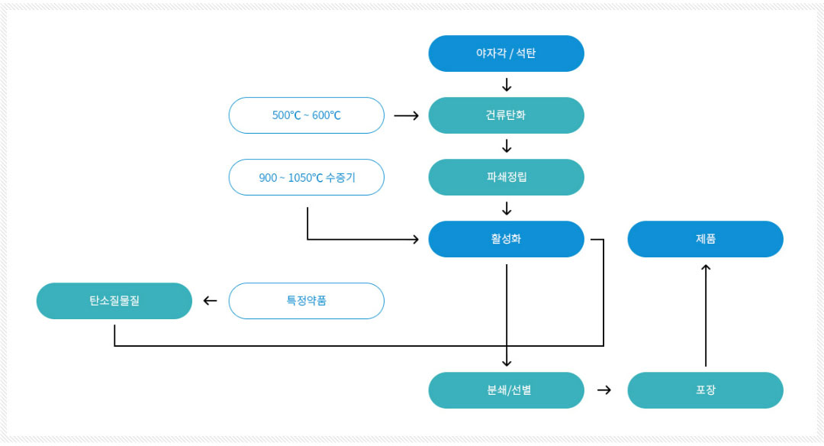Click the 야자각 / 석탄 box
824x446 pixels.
506,53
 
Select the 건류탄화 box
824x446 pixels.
506,115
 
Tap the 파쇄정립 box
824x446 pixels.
506,177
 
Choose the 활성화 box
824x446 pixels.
506,239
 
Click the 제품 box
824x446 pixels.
705,239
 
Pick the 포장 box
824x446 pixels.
705,390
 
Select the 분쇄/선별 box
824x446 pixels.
506,390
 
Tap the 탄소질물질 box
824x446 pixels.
114,301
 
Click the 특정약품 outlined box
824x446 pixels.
307,301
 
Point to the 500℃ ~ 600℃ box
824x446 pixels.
307,115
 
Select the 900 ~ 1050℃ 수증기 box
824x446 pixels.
307,177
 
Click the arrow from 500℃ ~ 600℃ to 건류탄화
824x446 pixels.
406,116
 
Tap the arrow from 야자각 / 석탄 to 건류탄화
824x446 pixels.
507,85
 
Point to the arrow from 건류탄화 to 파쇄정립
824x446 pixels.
507,146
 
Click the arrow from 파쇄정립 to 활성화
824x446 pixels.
507,208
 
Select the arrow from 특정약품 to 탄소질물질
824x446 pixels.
211,301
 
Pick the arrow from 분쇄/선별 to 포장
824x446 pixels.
604,390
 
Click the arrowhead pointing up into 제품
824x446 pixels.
706,267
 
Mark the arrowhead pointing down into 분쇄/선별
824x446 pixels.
507,363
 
